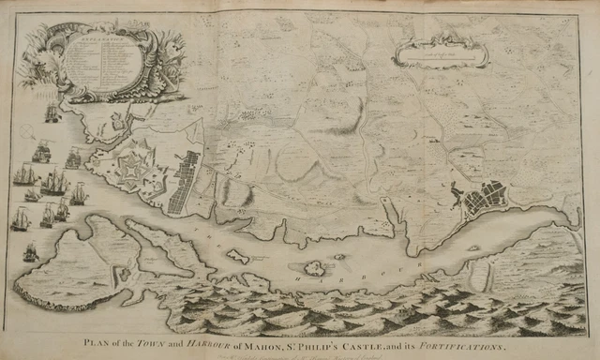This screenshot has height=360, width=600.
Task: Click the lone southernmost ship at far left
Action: tap(30, 252)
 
